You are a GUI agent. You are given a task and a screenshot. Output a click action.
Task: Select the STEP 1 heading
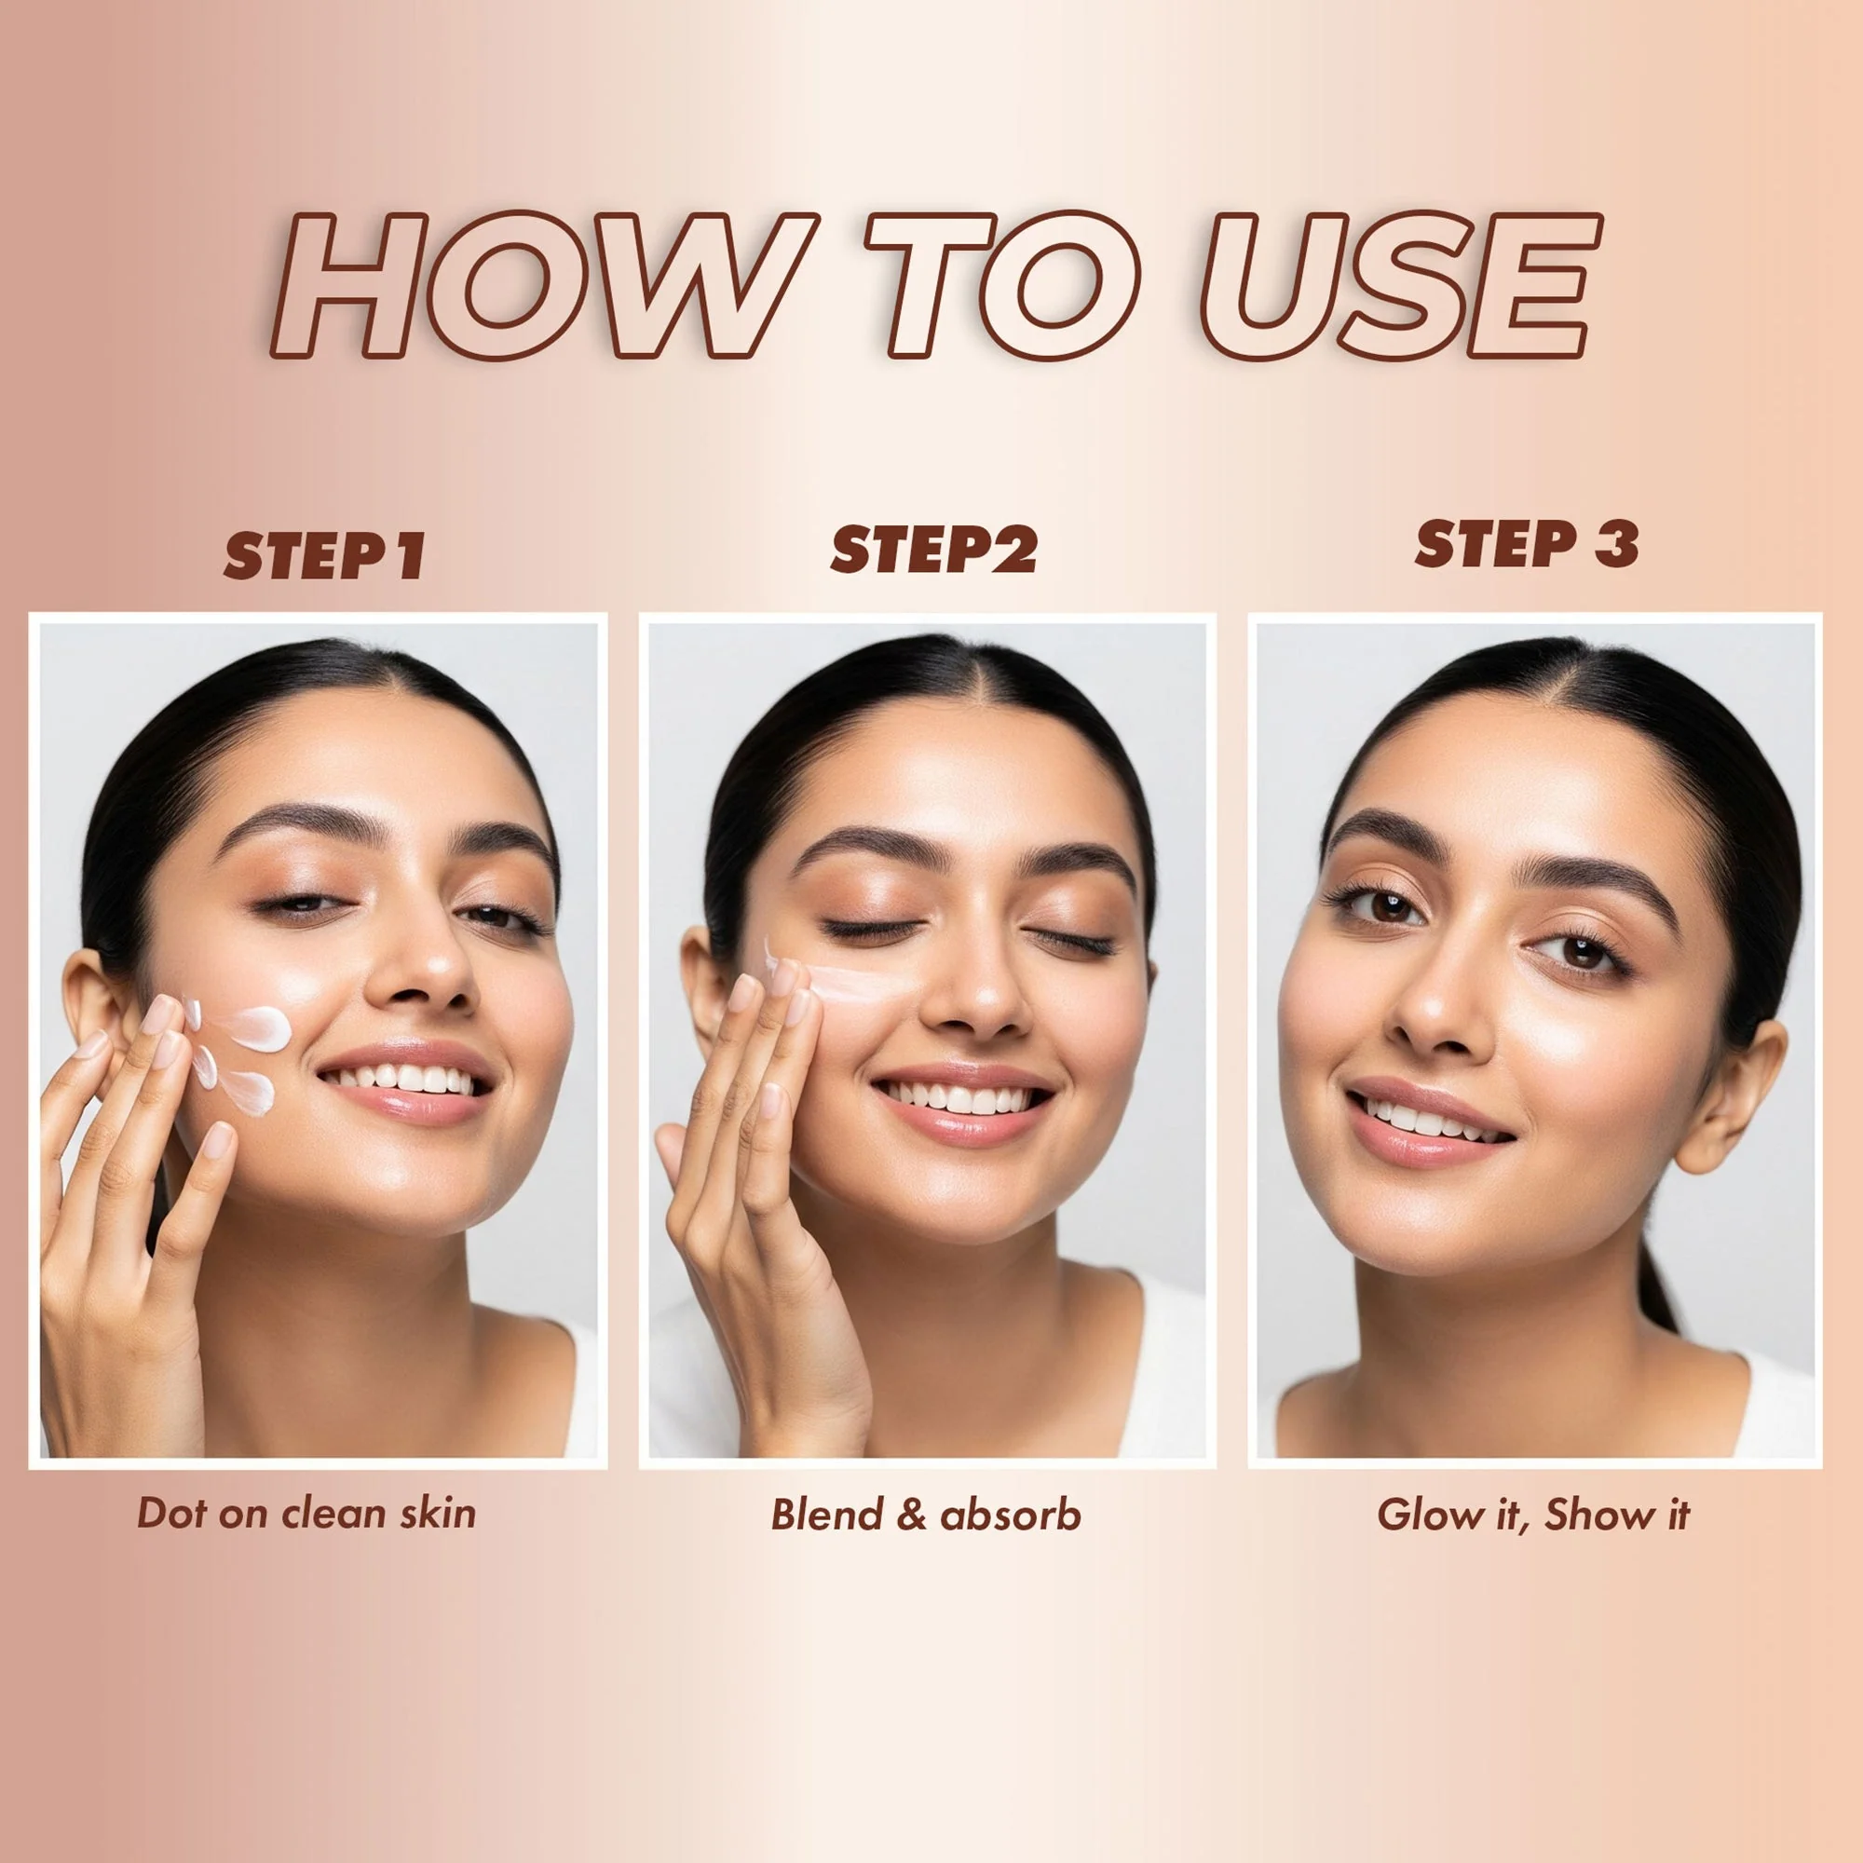click(325, 556)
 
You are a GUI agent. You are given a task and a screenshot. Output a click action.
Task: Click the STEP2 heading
click(933, 551)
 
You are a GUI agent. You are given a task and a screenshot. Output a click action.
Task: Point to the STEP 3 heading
click(1527, 544)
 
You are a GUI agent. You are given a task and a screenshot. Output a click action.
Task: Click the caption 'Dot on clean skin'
click(306, 1512)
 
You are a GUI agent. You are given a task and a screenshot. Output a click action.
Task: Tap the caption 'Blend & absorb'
click(926, 1515)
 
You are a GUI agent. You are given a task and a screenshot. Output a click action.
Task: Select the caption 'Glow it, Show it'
click(1533, 1514)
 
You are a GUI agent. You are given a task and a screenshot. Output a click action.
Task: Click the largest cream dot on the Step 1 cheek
click(258, 1028)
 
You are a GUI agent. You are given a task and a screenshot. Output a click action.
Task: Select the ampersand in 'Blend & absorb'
click(910, 1515)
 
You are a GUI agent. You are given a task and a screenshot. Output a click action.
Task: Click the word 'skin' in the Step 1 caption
click(439, 1512)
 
